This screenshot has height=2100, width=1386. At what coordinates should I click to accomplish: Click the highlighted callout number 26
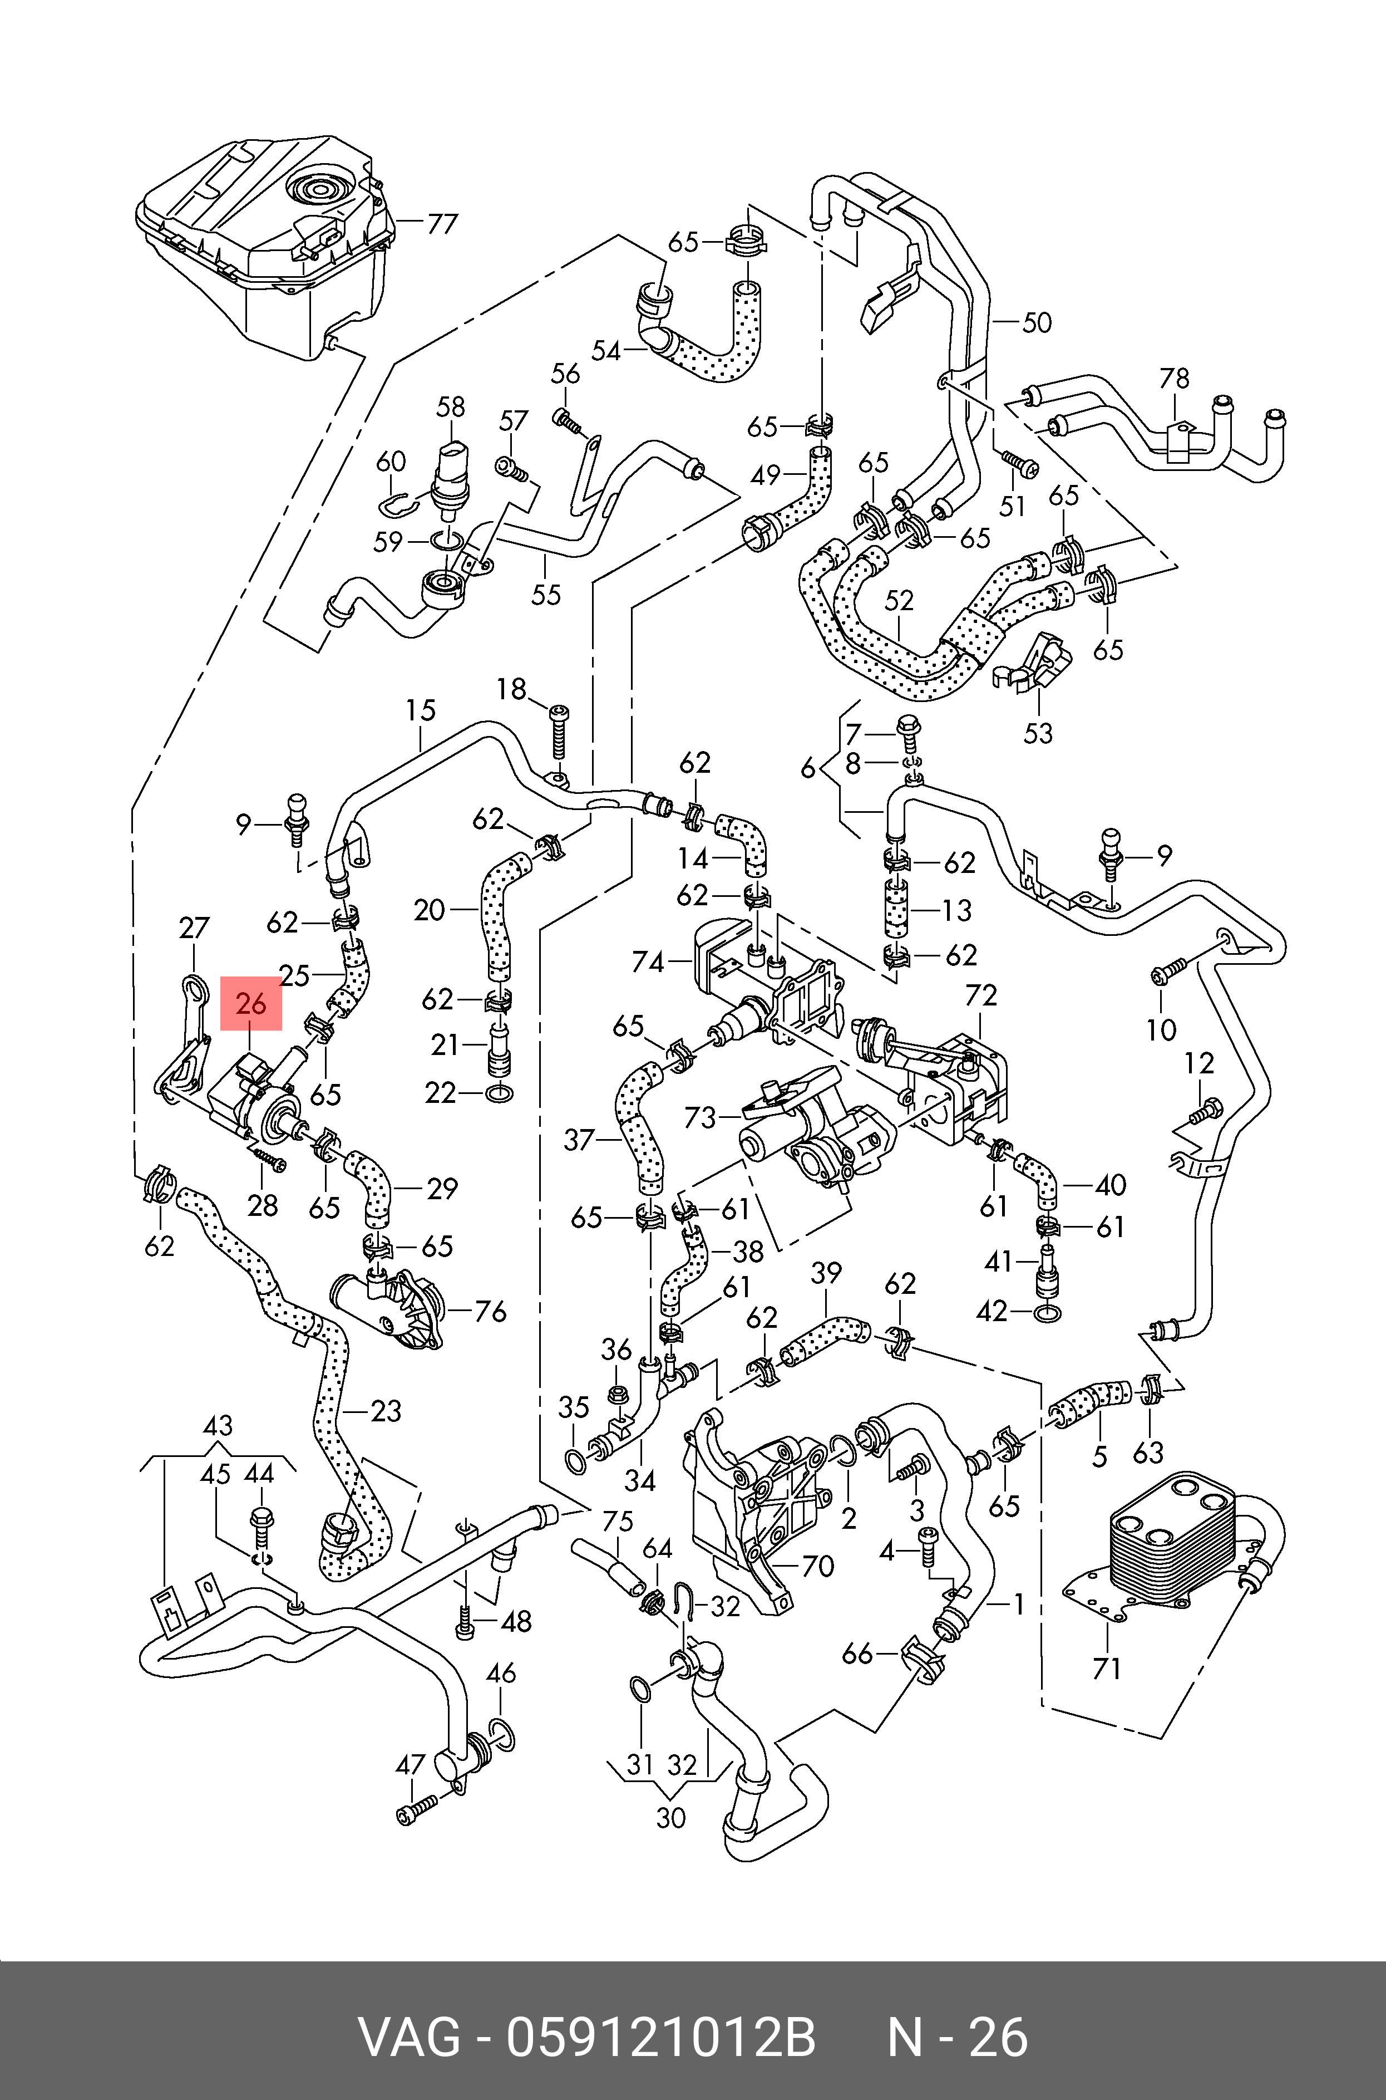(251, 1004)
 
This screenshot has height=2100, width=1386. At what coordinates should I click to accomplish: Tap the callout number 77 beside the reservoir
(441, 224)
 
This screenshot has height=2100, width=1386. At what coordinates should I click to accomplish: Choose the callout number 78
(1174, 379)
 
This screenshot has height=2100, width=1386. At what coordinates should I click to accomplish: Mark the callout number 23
(386, 1410)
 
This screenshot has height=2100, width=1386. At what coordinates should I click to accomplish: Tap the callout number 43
(218, 1425)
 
